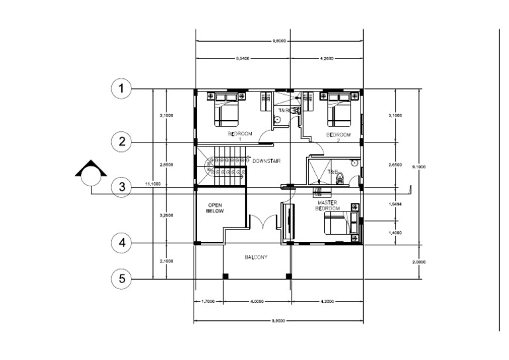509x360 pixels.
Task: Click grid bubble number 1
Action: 121,88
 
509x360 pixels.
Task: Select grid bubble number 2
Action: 121,141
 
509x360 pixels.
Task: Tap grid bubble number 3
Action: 121,187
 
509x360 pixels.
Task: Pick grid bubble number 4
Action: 121,243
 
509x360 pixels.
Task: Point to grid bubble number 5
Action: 121,278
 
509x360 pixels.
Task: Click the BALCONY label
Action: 256,257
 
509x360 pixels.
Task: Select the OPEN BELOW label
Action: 216,208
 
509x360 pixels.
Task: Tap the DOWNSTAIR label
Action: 264,160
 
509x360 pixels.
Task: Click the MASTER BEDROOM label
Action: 329,205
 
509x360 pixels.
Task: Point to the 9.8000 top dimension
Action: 279,41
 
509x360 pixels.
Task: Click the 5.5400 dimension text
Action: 243,59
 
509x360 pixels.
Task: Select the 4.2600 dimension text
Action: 327,59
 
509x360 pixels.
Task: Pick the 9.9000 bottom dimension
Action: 279,320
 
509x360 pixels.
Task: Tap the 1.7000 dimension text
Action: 208,301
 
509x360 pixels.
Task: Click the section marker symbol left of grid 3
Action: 90,174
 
